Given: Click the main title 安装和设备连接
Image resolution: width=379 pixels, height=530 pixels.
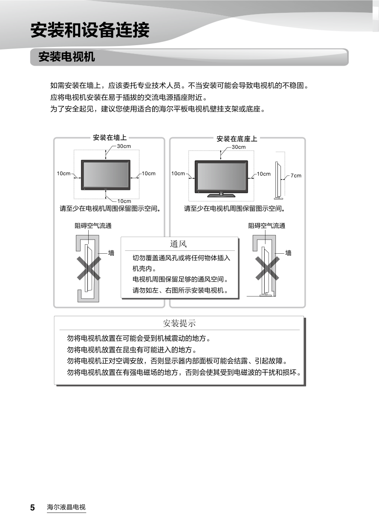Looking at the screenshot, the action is (90, 30).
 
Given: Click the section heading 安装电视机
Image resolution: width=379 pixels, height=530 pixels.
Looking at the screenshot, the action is (67, 57).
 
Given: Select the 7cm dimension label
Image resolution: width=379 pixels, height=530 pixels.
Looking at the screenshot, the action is (296, 176).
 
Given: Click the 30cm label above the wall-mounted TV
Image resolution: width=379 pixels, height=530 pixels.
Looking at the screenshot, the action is (124, 146).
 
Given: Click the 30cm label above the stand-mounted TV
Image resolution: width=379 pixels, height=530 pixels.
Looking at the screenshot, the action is (238, 147).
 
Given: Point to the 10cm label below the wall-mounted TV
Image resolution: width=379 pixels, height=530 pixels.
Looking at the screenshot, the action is (124, 201).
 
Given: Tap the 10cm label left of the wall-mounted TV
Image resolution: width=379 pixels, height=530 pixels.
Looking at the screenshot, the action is (64, 174).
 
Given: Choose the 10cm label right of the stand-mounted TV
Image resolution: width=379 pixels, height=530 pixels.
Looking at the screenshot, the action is (263, 174).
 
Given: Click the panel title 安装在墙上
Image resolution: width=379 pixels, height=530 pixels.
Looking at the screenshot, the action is (110, 138).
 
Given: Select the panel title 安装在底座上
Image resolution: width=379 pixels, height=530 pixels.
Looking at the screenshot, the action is (237, 139).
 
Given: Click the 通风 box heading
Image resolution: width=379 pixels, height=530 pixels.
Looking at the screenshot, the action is (178, 244).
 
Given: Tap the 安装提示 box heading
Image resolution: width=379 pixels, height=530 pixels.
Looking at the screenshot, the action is (179, 323).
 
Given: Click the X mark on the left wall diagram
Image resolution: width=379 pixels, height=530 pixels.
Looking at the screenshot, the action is (89, 269).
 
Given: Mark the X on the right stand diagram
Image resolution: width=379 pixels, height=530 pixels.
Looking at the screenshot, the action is (267, 269).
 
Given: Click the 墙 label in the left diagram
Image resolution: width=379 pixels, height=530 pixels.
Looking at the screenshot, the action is (111, 253).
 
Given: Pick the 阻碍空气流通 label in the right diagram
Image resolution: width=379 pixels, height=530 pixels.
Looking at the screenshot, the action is (266, 226).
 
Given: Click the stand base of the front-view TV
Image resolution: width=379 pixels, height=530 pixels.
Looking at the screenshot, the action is (221, 195).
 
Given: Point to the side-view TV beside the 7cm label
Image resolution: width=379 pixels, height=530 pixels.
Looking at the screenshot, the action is (278, 180).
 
